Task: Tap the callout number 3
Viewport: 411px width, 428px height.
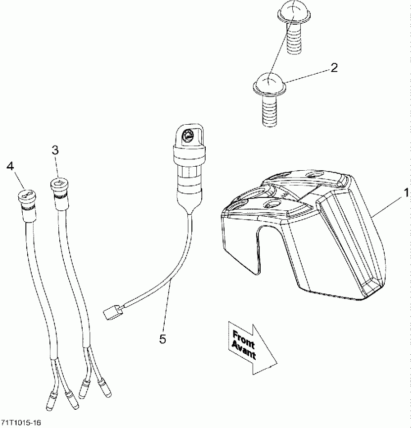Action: tap(55, 150)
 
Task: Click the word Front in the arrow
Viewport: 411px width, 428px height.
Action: tap(244, 339)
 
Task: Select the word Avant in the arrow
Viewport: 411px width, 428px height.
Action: tap(243, 351)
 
